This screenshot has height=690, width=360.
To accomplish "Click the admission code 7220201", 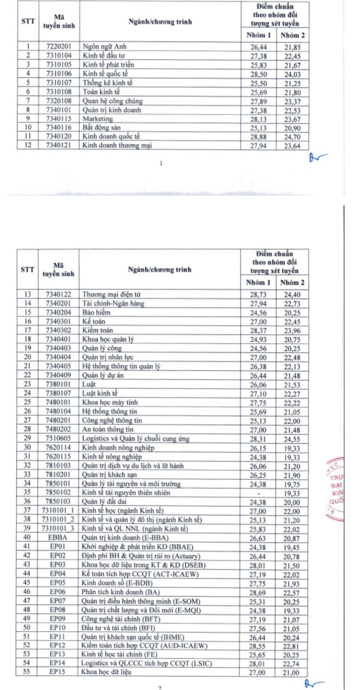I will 59,47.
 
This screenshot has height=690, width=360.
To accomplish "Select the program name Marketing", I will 98,119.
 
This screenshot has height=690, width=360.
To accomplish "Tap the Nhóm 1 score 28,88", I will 259,137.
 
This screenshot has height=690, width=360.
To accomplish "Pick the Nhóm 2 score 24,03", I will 292,74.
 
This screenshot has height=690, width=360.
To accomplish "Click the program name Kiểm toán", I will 97,330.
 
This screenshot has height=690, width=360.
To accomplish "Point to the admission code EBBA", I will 58,537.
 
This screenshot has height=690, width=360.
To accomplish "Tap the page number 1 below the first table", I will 161,163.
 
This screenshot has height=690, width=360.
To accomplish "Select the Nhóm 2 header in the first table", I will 293,35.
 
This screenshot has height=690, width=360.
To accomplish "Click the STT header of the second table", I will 27,270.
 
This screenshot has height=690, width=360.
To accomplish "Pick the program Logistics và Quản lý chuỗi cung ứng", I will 136,438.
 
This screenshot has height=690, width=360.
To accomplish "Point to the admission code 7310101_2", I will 58,520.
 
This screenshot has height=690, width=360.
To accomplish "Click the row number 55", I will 26,671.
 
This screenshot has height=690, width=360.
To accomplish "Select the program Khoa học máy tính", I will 110,402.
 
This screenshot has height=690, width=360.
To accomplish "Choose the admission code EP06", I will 58,592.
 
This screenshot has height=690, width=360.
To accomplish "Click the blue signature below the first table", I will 317,157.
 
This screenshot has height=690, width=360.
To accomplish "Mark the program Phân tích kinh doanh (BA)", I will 120,592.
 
